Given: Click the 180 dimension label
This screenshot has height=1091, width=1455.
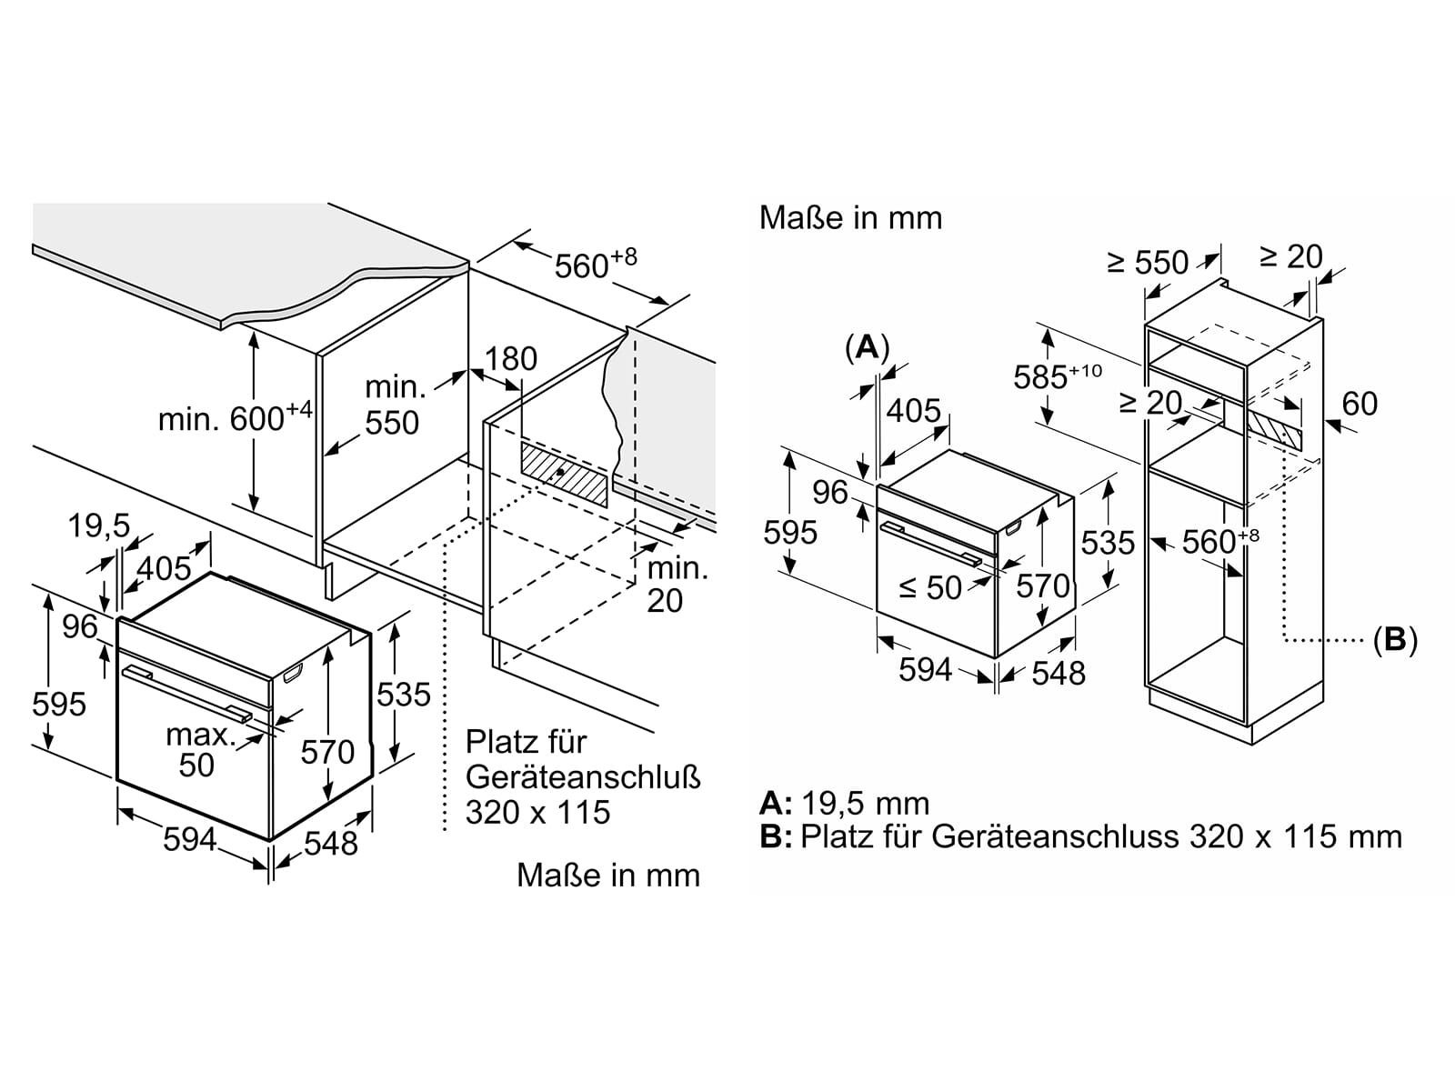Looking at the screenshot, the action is click(511, 359).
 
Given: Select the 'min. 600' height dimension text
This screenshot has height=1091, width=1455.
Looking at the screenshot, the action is click(236, 416).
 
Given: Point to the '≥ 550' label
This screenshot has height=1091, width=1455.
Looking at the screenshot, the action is click(1148, 263).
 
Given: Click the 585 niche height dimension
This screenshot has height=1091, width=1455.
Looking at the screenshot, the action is click(1058, 375).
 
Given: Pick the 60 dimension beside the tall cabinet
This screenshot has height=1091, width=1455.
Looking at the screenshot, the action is click(1360, 404).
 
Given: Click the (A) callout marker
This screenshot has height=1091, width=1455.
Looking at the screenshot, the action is click(867, 347).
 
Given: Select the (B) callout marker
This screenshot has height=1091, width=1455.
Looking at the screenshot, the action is click(1395, 640).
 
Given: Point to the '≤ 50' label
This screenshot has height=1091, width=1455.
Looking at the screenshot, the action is click(930, 587).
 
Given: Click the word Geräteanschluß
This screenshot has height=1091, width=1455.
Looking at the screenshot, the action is click(583, 777).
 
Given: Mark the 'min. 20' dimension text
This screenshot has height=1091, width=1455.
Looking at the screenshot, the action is click(677, 585).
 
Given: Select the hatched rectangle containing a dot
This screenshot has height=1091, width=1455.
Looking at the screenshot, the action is click(564, 475).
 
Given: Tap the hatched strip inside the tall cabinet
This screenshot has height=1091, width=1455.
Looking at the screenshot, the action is click(1274, 429).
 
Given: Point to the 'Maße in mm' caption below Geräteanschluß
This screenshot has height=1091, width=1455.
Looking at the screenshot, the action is click(608, 875).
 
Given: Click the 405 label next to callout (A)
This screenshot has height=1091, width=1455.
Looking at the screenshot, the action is click(913, 411).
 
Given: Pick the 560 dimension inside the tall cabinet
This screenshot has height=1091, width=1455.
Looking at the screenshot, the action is click(1219, 541).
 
